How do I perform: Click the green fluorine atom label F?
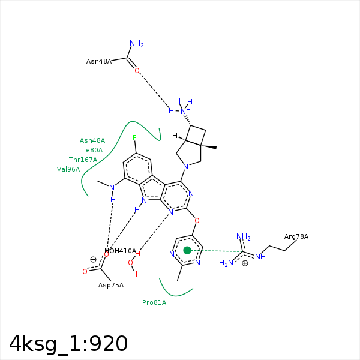(x=134, y=138)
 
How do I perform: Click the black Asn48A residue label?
(x=99, y=61)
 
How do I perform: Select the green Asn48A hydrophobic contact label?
(x=92, y=140)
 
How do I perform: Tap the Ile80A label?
(x=92, y=150)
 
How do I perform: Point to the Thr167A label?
(x=83, y=160)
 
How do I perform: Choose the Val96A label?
(x=68, y=169)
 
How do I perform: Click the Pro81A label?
(x=154, y=302)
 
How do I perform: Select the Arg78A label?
(x=296, y=236)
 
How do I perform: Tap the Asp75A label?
(x=111, y=285)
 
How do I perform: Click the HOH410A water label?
(x=121, y=251)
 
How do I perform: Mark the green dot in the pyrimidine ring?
(x=187, y=250)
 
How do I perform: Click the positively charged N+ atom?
(x=184, y=111)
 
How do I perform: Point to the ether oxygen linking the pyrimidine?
(x=197, y=221)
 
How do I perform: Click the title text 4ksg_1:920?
(x=68, y=344)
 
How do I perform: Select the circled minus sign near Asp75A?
(x=93, y=260)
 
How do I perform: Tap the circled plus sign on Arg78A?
(x=245, y=263)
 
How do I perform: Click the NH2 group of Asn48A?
(x=137, y=43)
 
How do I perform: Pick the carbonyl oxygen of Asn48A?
(x=137, y=70)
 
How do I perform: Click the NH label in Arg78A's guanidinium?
(x=260, y=256)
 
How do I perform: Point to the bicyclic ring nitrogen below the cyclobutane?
(x=186, y=166)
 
